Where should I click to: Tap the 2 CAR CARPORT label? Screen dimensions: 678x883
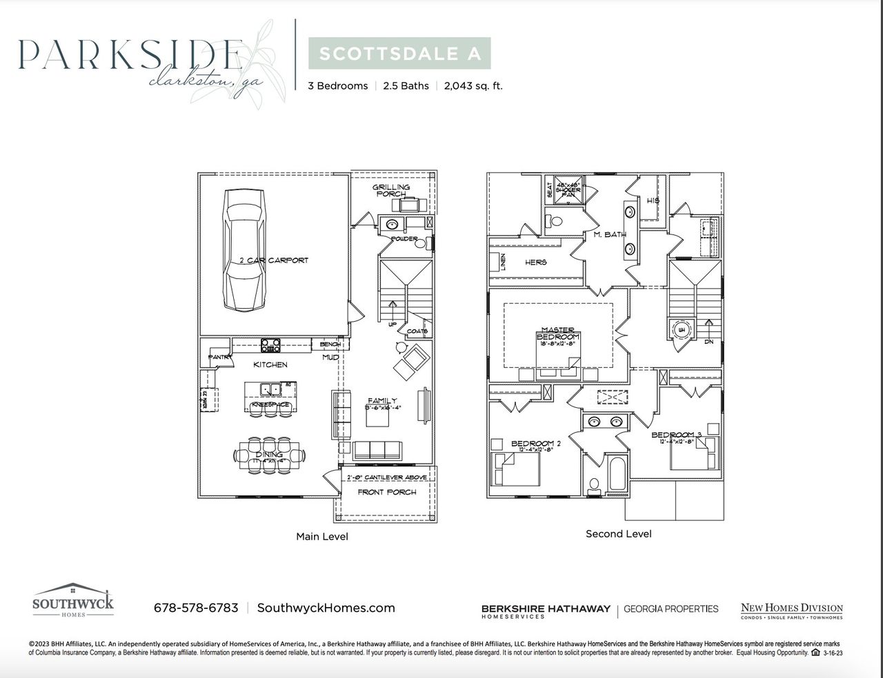tap(274, 260)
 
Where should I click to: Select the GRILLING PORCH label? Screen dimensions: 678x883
tap(391, 190)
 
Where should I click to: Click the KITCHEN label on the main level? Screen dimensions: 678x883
tap(270, 364)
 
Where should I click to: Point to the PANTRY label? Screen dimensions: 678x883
tap(220, 357)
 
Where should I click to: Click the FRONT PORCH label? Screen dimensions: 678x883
tap(387, 492)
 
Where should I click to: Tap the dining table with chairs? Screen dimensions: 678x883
tap(270, 455)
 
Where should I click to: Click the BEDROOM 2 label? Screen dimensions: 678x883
tap(536, 444)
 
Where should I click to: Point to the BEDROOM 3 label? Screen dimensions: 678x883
tap(676, 435)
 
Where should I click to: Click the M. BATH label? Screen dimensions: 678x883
tap(610, 234)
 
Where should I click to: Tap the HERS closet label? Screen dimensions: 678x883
tap(536, 262)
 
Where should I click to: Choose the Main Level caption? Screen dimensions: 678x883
tap(322, 536)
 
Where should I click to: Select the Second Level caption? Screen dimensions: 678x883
tap(618, 533)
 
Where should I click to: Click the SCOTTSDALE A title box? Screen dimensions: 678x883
tap(399, 54)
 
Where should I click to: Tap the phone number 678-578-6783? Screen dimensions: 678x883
tap(196, 608)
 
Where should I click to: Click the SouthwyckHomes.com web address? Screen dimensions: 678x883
tap(326, 608)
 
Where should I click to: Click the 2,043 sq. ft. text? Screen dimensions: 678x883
tap(473, 86)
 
